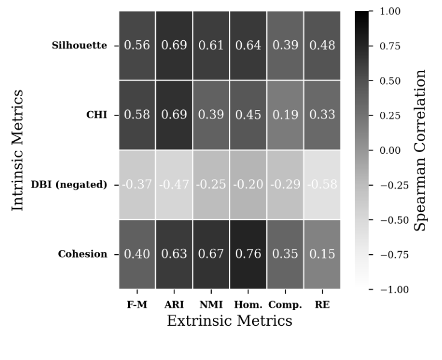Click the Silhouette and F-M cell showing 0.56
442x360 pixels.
tap(137, 46)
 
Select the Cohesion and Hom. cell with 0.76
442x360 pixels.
tap(248, 254)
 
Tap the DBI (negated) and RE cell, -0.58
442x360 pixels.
tap(322, 185)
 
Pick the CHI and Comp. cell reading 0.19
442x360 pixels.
tap(285, 115)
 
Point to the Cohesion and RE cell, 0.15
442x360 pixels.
tap(322, 254)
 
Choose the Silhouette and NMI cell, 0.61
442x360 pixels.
tap(210, 46)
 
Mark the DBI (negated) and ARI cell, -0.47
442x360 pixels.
tap(174, 185)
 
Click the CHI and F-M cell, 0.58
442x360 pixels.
tap(137, 115)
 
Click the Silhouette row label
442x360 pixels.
tap(79, 46)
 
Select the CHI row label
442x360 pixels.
tap(96, 115)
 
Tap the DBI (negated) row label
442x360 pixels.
tap(70, 185)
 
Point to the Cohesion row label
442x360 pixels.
tap(82, 254)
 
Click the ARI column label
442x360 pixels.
tap(174, 304)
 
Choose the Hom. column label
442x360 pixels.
tap(248, 304)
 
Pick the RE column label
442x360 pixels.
tap(322, 304)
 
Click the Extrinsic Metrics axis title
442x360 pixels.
tap(229, 321)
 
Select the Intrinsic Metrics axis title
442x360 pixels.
tap(19, 150)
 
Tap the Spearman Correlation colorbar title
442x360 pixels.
tap(421, 150)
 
